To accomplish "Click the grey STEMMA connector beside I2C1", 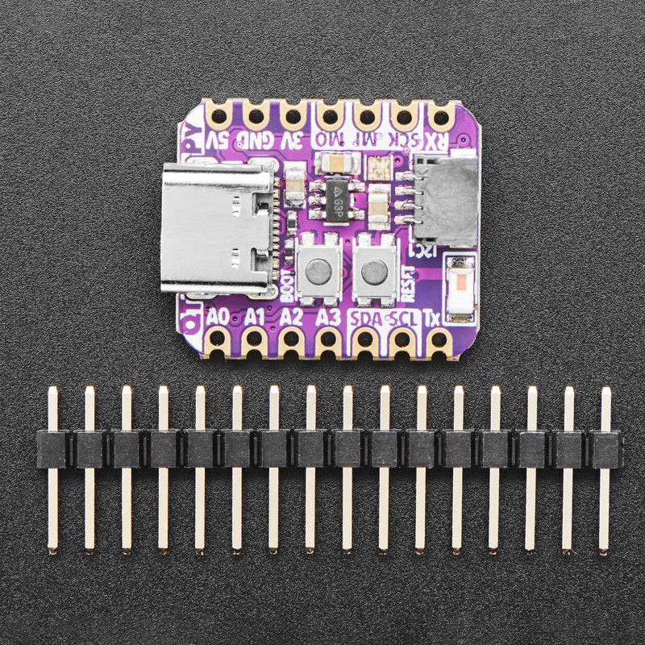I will click(x=446, y=201).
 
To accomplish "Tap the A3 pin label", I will click(x=328, y=317).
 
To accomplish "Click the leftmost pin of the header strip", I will click(x=52, y=468).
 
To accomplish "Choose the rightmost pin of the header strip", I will click(x=605, y=468).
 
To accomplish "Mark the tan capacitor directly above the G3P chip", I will click(x=335, y=164).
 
